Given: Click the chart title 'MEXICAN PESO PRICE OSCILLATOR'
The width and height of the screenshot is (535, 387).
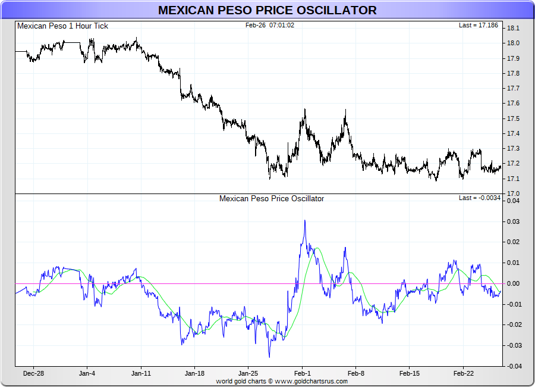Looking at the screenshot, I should pos(267,10).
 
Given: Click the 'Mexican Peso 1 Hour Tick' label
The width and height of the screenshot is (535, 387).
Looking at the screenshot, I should pos(63,26).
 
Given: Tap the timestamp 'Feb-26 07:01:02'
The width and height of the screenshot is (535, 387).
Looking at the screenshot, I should pos(270,26).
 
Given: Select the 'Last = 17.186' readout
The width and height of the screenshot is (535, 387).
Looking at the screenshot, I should pos(480,26).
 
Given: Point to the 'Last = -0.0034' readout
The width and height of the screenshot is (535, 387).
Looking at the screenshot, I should pos(480,198).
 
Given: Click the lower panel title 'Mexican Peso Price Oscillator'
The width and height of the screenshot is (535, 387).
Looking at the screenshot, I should pos(272,198).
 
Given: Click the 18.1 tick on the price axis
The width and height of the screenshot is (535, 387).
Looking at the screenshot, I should pos(512,28).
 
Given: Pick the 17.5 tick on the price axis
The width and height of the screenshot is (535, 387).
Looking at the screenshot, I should pos(512,118).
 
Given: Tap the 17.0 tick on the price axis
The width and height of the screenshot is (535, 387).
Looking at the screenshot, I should pos(512,193).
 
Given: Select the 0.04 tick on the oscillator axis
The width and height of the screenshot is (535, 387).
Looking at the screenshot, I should pos(512,201).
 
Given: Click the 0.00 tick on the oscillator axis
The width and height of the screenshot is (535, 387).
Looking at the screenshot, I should pos(512,283).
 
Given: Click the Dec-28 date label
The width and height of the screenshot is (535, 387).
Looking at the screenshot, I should pos(33,374).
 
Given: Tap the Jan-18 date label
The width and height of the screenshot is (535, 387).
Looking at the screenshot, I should pos(195,374).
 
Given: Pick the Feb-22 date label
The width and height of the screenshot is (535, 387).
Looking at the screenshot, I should pos(463,374).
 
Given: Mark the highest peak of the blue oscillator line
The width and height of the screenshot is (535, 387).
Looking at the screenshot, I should pos(305,220).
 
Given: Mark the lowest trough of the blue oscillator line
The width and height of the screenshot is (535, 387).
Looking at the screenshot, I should pos(269,357).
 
